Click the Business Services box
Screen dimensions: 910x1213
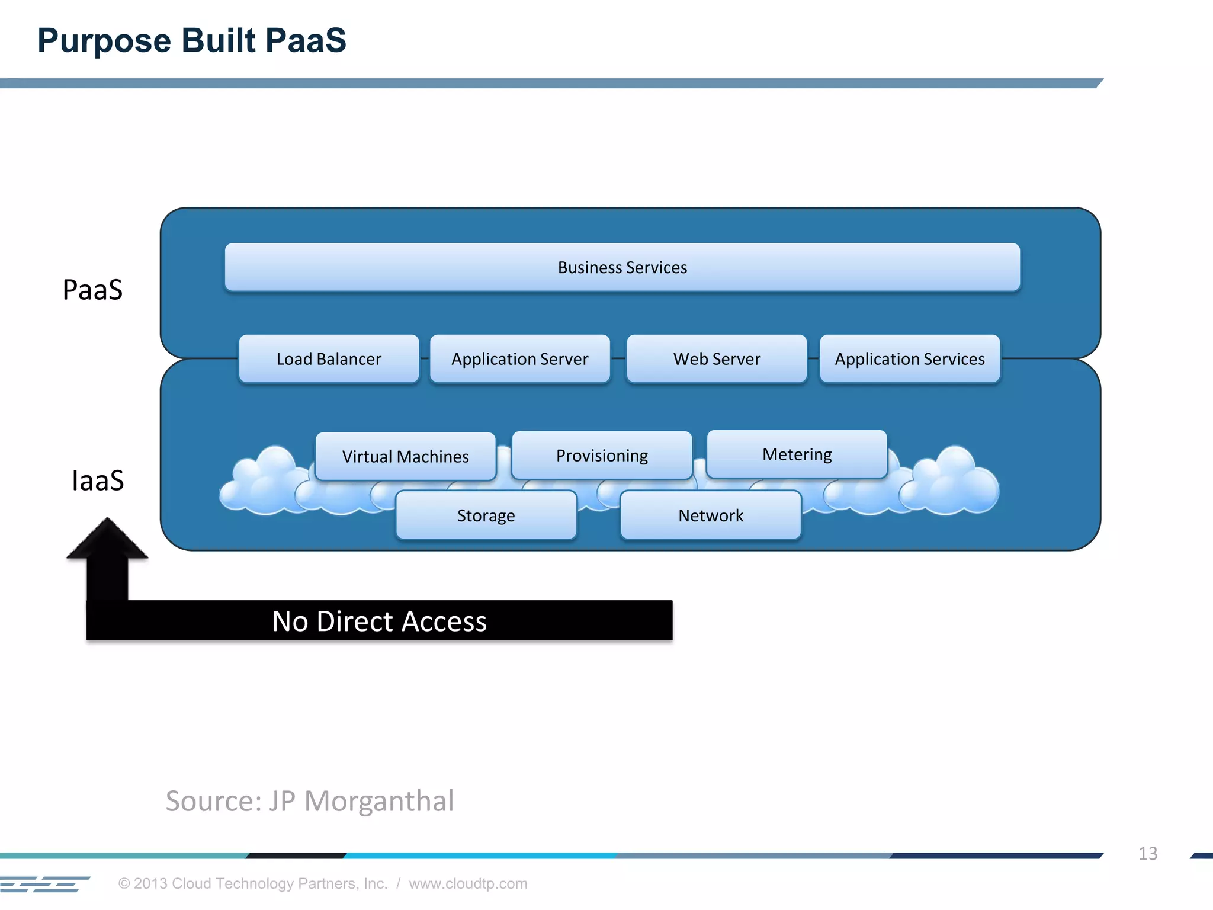point(622,267)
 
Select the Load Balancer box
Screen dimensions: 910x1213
point(329,359)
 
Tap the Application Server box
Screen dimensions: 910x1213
point(519,359)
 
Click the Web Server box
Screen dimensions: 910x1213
point(717,359)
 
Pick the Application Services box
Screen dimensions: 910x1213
point(910,359)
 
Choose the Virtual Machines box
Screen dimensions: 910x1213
point(405,456)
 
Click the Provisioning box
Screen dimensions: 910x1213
point(602,455)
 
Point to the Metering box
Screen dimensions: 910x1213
point(797,454)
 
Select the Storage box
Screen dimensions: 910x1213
point(486,515)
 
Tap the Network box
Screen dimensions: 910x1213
point(711,515)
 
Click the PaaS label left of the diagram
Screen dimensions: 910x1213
point(92,290)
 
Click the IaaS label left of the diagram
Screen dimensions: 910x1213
point(98,480)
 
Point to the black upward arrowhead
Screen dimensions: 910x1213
point(107,539)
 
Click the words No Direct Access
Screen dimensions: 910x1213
point(379,621)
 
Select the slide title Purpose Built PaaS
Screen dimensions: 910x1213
point(191,40)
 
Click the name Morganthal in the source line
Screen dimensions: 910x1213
point(379,801)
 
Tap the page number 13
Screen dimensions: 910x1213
point(1147,854)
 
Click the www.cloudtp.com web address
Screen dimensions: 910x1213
point(468,883)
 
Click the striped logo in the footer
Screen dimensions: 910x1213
point(44,884)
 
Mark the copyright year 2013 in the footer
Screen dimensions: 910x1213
point(150,883)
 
